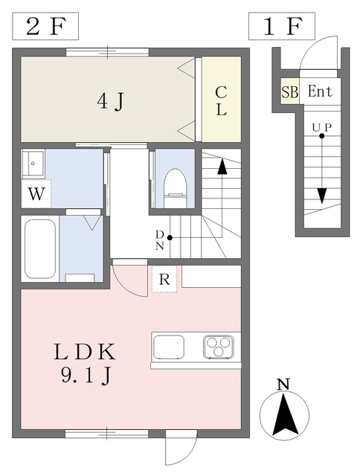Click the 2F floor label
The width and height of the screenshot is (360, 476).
(x=45, y=27)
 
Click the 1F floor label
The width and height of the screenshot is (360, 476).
(x=282, y=27)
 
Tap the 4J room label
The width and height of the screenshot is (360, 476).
(x=111, y=101)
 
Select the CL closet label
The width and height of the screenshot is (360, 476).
(x=222, y=101)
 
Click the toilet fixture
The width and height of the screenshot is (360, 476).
(x=175, y=188)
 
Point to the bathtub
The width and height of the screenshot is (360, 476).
(x=39, y=249)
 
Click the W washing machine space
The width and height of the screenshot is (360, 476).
(x=36, y=193)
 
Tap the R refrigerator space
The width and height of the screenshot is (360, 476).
(x=164, y=280)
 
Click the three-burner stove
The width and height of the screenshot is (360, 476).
(x=219, y=347)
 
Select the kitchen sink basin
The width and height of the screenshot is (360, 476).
(x=169, y=347)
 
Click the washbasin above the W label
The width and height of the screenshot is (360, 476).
(x=33, y=164)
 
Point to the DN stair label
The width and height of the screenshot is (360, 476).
(x=160, y=239)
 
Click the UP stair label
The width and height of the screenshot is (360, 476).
(x=321, y=127)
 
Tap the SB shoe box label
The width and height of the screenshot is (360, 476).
(x=290, y=91)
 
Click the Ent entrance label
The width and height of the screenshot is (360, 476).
(x=320, y=91)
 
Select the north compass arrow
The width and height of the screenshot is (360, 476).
(x=284, y=414)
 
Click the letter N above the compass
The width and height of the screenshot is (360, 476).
(x=283, y=385)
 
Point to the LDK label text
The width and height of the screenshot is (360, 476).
(x=85, y=352)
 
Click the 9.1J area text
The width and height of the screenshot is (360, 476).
(x=86, y=376)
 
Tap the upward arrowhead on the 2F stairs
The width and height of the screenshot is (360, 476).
(x=222, y=167)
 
